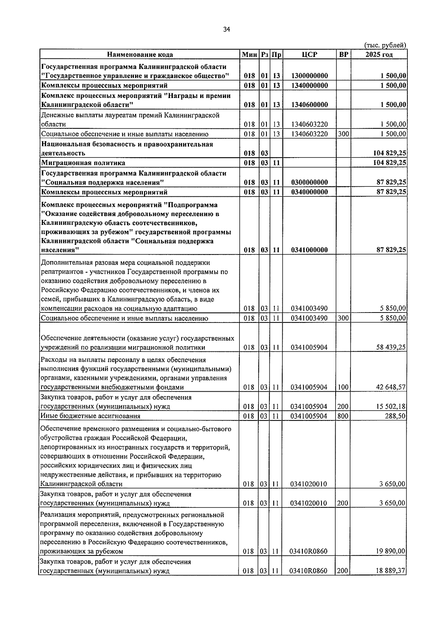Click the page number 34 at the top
click(x=227, y=30)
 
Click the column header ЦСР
click(x=309, y=55)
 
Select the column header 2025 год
click(x=379, y=55)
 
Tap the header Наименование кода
click(x=140, y=55)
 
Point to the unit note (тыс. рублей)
click(x=385, y=45)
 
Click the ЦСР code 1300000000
click(x=309, y=76)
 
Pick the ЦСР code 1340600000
click(x=309, y=105)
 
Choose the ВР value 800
click(x=343, y=416)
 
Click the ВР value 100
click(x=343, y=387)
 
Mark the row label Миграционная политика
click(x=83, y=163)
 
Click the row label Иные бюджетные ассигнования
click(x=90, y=416)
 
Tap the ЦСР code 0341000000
click(x=309, y=250)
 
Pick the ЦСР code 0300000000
click(x=309, y=182)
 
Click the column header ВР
click(x=343, y=55)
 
